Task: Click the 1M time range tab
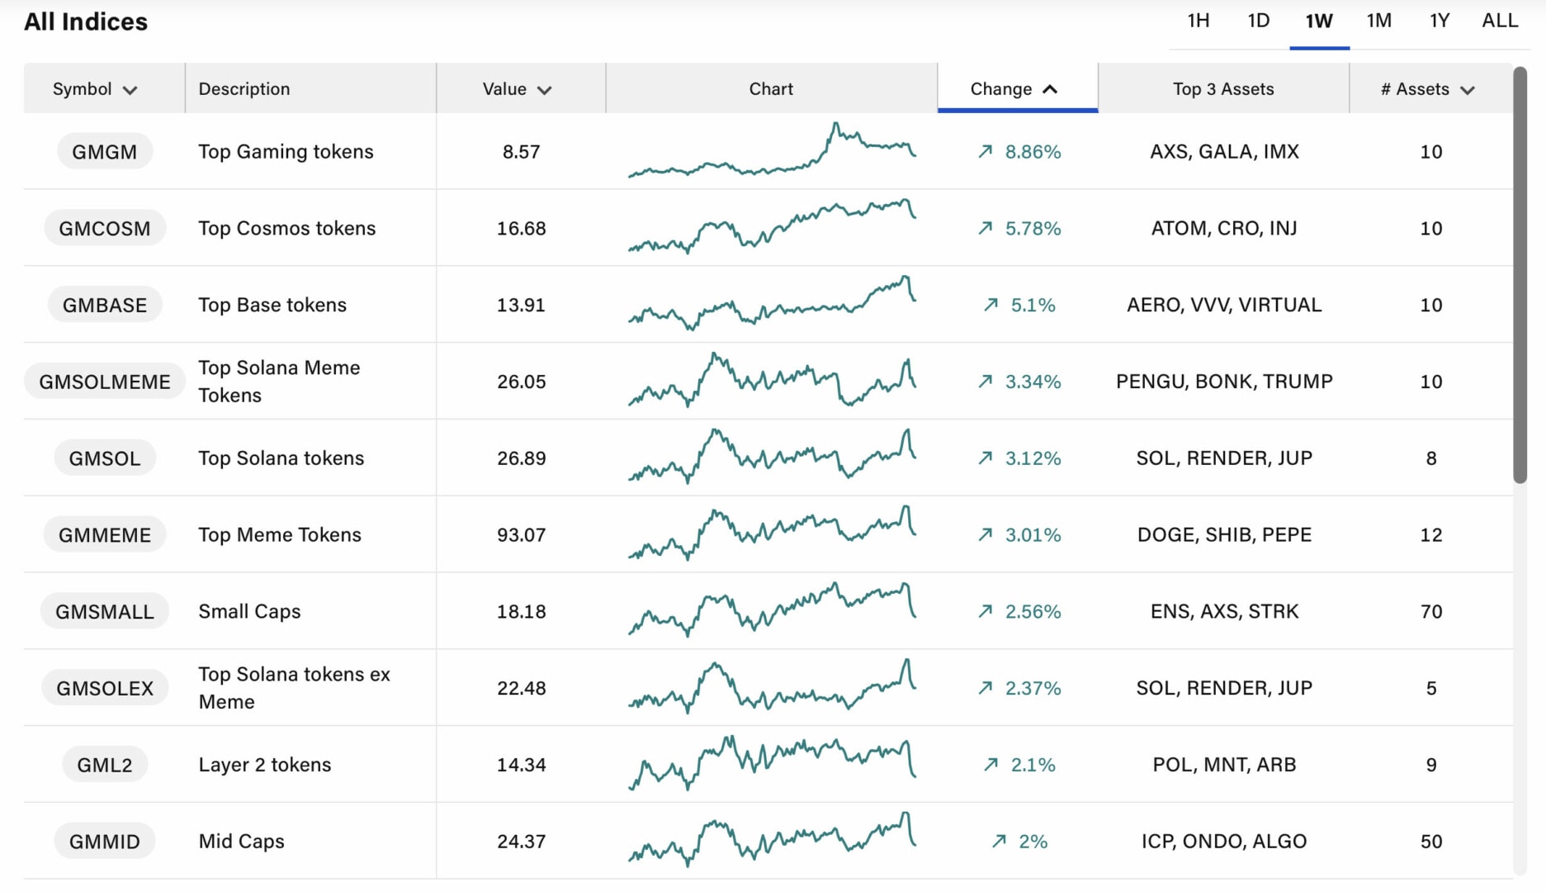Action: [1378, 21]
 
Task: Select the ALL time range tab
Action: [1500, 21]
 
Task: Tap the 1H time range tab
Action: [1199, 21]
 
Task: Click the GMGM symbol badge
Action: [105, 152]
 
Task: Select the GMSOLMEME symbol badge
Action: [105, 382]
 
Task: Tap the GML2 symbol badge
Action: [105, 765]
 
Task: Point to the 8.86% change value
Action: [1033, 152]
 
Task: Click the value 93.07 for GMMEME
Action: [521, 535]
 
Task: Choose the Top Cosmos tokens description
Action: [286, 229]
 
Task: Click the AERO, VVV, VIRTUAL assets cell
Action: [1224, 305]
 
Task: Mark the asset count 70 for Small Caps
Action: [1431, 612]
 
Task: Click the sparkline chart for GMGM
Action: [772, 152]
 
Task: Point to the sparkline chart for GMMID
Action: [772, 842]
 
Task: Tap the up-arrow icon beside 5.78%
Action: [986, 228]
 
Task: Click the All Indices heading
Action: [86, 22]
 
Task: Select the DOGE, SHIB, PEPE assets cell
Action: [1224, 535]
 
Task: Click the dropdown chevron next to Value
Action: [544, 90]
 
